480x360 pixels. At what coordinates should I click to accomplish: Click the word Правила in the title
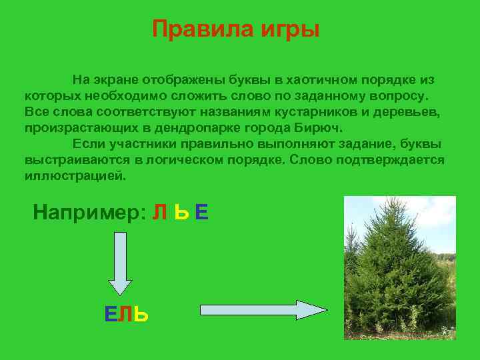[194, 29]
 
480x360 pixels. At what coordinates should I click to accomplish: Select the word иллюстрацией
[74, 177]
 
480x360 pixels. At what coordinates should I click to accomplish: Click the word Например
[89, 213]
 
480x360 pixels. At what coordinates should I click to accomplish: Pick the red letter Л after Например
[160, 213]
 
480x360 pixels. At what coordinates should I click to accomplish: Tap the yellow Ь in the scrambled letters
[181, 213]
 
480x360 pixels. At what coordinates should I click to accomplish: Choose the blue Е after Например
[203, 213]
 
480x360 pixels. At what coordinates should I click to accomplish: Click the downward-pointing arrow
[120, 263]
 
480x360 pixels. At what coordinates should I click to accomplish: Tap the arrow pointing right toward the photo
[263, 311]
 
